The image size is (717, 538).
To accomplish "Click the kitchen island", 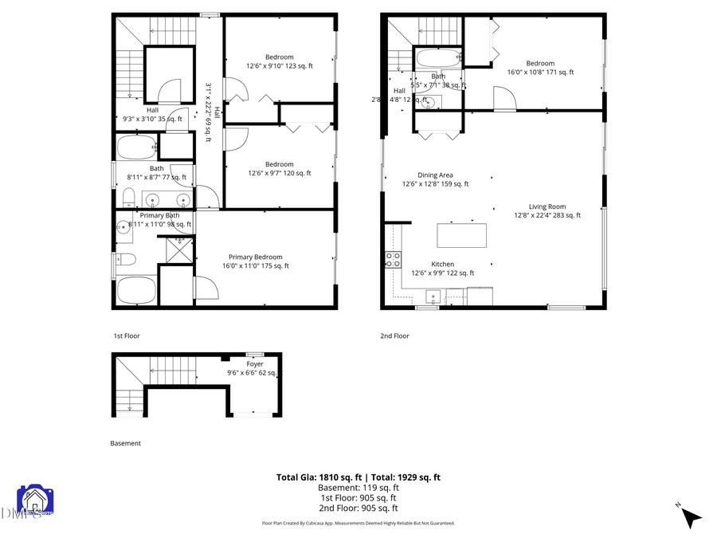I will [x=462, y=235].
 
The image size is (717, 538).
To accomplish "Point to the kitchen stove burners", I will [x=393, y=259].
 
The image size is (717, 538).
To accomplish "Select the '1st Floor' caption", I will [x=126, y=336].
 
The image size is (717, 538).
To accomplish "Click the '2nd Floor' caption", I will [x=394, y=336].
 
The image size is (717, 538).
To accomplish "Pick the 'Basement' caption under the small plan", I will [x=125, y=443].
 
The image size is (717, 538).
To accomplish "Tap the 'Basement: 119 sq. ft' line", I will [x=358, y=488].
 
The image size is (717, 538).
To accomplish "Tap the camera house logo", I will [x=35, y=501].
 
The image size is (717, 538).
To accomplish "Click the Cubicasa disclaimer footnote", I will [x=358, y=524].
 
